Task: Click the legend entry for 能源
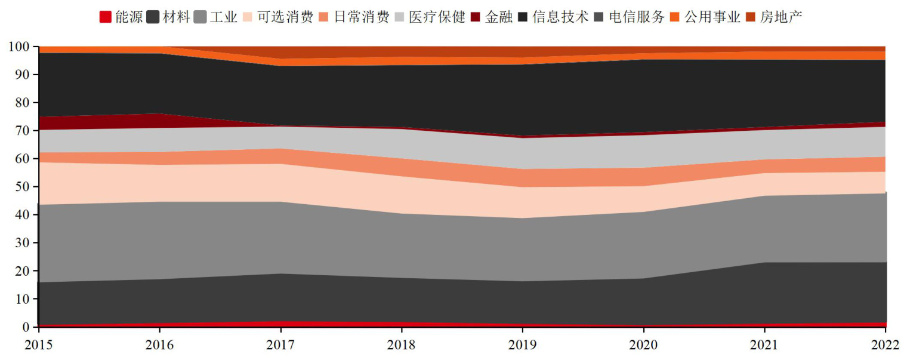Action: [x=121, y=17]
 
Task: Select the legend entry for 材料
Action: [x=169, y=17]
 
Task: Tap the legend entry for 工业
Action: [x=216, y=17]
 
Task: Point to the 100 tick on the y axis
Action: [x=19, y=47]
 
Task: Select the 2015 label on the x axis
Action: [x=38, y=345]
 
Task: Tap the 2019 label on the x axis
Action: [x=523, y=345]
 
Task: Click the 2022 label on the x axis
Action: [x=885, y=345]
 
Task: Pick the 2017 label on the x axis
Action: [x=280, y=345]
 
